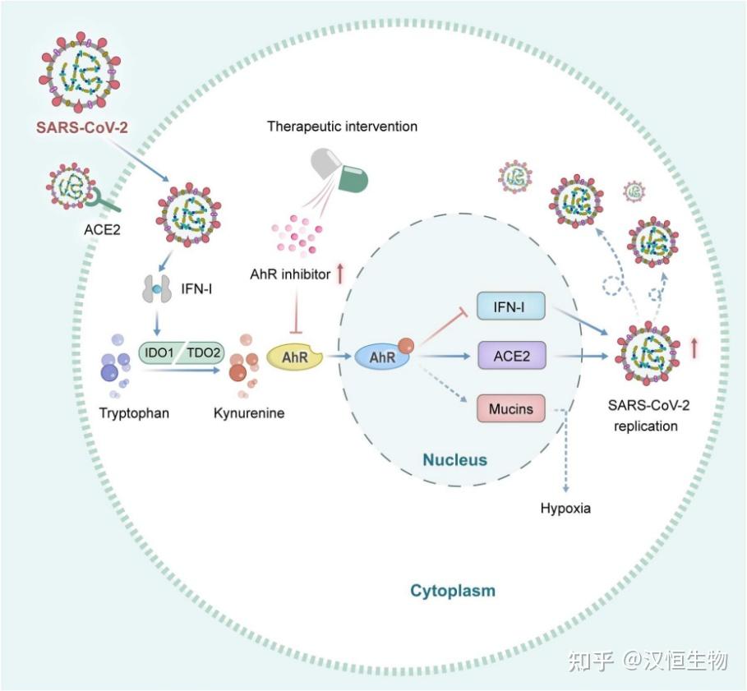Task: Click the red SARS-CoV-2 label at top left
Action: [81, 127]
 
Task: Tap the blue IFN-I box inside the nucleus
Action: [511, 307]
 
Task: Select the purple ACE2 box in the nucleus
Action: [511, 357]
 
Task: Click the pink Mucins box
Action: [511, 408]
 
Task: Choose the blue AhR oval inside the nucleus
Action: [382, 358]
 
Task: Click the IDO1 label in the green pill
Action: [157, 352]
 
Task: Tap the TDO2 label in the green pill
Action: [203, 352]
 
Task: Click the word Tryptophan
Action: [135, 412]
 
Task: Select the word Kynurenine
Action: [248, 412]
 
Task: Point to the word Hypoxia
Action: [565, 508]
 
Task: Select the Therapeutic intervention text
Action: [342, 127]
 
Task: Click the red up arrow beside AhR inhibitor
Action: [339, 274]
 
